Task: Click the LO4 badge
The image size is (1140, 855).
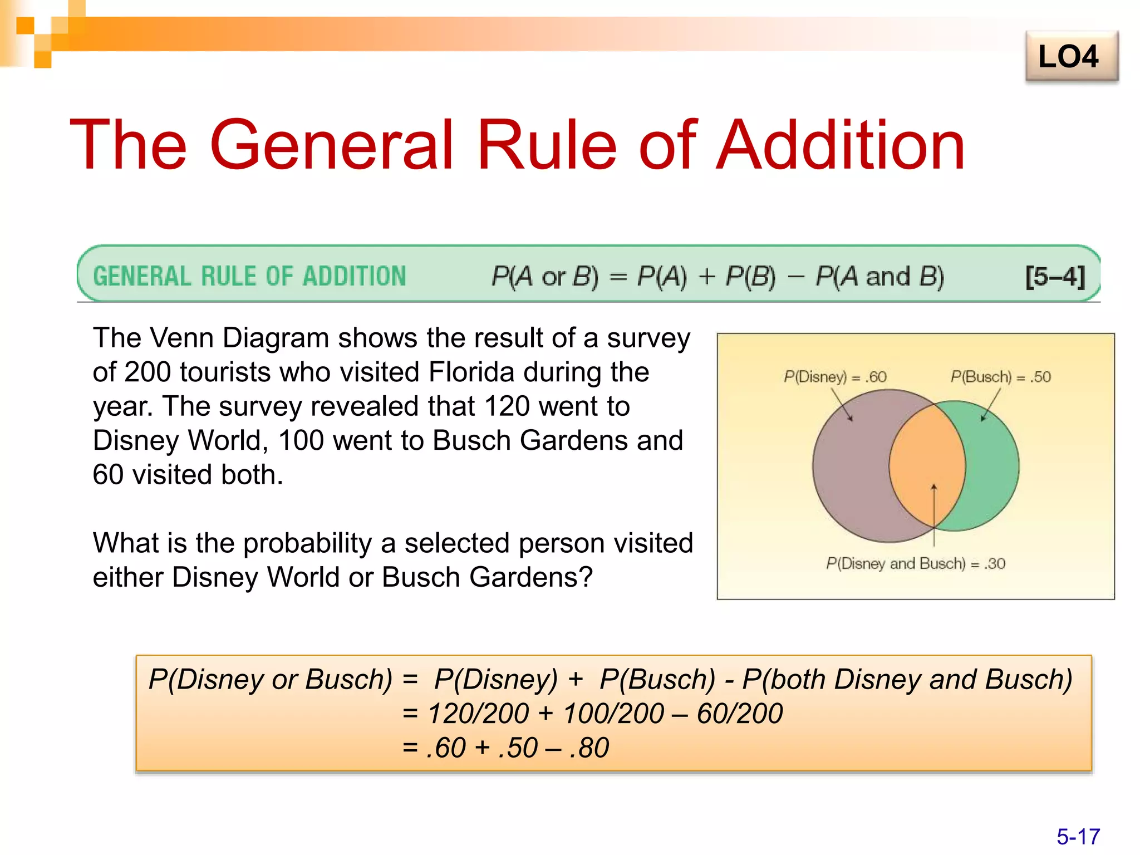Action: click(1071, 57)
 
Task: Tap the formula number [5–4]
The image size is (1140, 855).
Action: click(1055, 276)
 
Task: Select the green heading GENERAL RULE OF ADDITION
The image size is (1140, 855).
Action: click(249, 276)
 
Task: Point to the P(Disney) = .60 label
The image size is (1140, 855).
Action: click(834, 377)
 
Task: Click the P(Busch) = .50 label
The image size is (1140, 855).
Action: click(1000, 377)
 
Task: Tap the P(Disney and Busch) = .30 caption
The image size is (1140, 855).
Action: click(916, 563)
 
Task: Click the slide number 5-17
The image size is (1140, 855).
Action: click(1078, 836)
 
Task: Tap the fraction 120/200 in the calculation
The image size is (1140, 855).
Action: click(478, 714)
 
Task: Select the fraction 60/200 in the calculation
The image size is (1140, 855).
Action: click(740, 714)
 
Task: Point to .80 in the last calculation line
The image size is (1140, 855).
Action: click(589, 748)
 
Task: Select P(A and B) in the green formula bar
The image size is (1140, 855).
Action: click(879, 276)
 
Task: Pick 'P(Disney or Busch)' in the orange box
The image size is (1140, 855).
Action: click(271, 680)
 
